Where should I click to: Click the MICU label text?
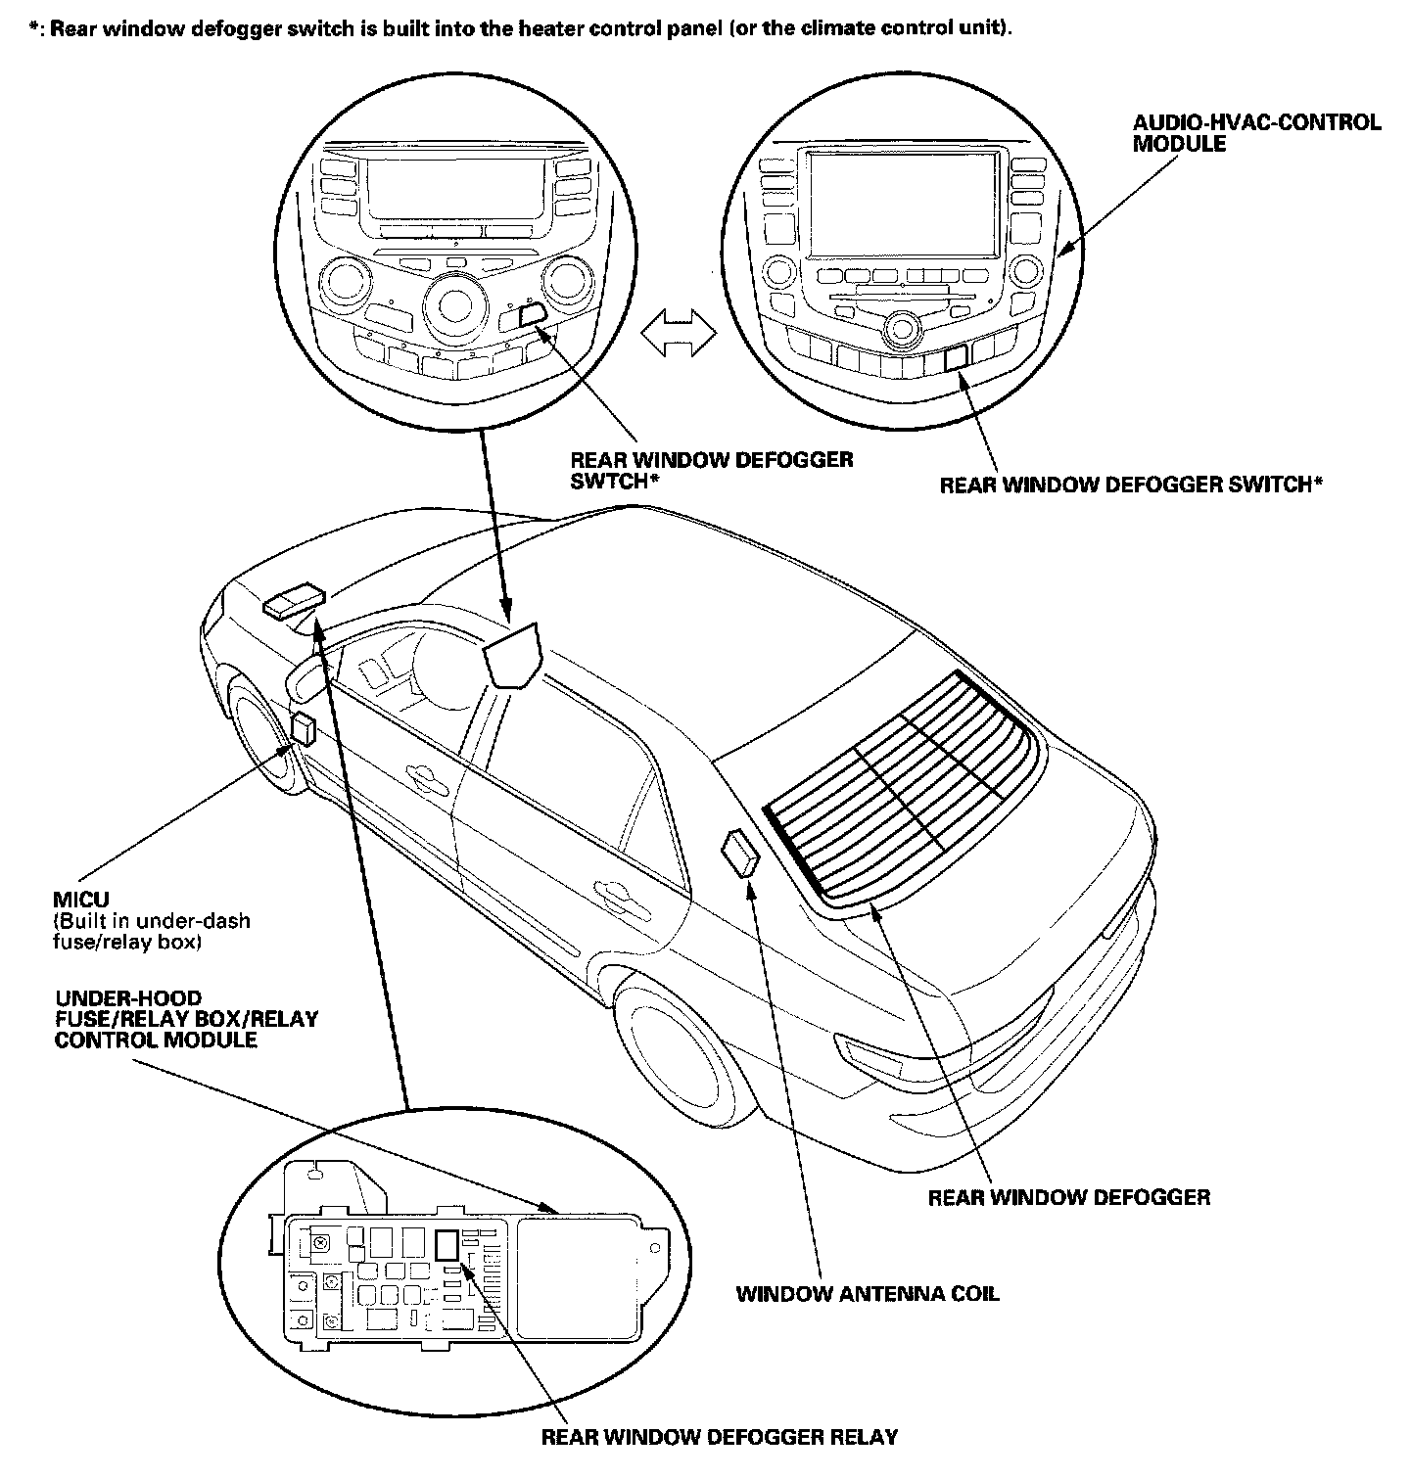[82, 899]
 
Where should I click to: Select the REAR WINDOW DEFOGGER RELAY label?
[720, 1437]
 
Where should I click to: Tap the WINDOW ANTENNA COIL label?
[868, 1293]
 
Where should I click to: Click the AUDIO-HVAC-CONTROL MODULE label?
[1256, 133]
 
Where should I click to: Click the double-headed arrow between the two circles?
[678, 333]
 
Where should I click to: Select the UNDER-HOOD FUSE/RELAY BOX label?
[186, 1019]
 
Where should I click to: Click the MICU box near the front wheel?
[303, 729]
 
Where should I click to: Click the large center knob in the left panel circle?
[453, 301]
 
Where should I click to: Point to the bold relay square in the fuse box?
[446, 1244]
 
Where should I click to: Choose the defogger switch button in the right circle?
[955, 357]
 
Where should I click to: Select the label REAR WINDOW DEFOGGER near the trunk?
[1068, 1196]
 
